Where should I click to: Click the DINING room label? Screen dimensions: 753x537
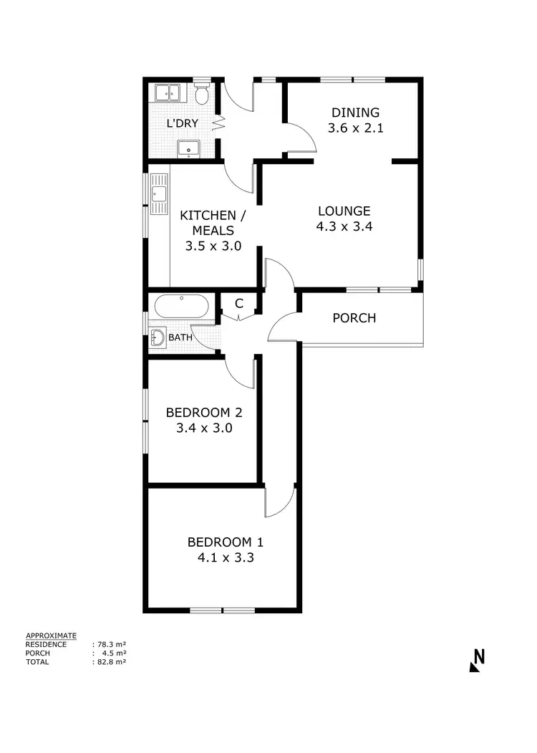[x=354, y=112]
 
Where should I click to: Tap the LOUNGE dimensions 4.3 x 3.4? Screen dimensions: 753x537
[x=344, y=226]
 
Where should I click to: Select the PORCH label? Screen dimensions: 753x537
[x=354, y=318]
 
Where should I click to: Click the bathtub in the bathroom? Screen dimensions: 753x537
[x=182, y=308]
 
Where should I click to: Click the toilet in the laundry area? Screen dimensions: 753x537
[x=203, y=93]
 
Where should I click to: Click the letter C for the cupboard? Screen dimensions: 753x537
[x=239, y=303]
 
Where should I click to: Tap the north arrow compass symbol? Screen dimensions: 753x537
[x=478, y=660]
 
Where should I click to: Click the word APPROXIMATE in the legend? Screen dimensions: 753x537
[x=51, y=636]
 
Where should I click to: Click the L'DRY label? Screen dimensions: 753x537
[x=183, y=123]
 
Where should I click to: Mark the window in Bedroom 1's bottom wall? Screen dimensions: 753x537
[x=223, y=610]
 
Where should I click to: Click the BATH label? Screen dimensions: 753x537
[x=180, y=337]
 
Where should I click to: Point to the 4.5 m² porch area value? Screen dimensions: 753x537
[x=115, y=653]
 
